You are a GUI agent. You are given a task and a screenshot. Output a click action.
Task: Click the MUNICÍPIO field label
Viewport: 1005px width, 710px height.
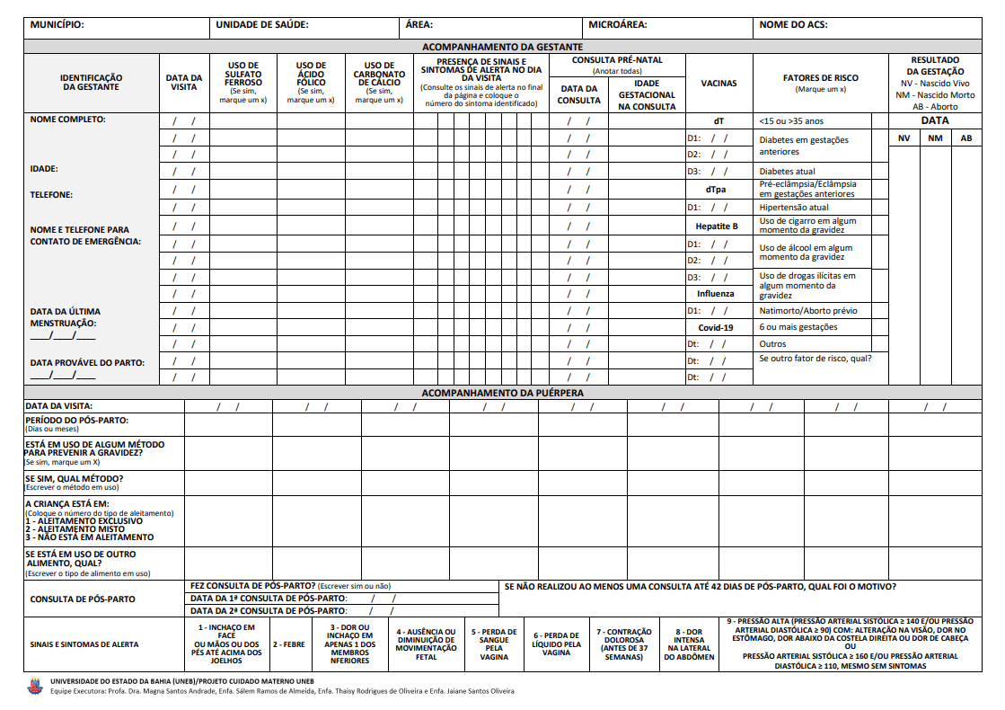57,25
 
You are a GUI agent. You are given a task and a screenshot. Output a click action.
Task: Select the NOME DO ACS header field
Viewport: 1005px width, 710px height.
794,25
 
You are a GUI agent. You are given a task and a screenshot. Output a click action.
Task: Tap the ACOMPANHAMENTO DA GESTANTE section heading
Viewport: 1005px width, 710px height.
503,47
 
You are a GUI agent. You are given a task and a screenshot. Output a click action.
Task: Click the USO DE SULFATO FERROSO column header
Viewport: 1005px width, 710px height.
242,82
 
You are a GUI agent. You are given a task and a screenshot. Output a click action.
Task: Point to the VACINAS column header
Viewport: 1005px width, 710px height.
718,83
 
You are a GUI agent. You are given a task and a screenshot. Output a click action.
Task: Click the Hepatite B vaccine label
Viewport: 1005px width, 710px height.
717,226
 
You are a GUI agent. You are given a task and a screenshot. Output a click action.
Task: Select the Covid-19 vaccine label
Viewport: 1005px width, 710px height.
716,327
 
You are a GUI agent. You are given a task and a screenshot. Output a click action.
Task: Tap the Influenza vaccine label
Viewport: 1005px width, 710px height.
716,293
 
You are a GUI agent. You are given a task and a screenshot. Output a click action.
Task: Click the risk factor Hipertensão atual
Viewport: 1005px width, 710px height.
794,207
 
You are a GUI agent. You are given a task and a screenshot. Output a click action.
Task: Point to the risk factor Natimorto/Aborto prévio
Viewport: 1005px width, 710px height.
808,311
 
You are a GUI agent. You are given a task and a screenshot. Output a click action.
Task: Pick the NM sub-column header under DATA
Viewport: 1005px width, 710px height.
935,138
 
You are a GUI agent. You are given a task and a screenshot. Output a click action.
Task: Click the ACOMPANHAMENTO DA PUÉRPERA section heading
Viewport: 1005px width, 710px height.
503,393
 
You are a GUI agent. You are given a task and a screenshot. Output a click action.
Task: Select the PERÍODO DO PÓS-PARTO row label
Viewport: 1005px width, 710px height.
77,421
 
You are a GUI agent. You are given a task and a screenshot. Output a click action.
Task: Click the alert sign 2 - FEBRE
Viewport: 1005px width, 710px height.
289,644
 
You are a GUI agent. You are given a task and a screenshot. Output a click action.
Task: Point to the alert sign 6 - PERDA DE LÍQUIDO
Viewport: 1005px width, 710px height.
557,643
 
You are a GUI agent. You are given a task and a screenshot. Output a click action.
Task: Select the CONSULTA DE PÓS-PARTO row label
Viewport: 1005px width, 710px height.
83,599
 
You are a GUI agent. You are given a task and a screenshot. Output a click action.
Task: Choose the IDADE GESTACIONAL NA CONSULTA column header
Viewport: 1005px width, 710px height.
647,94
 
